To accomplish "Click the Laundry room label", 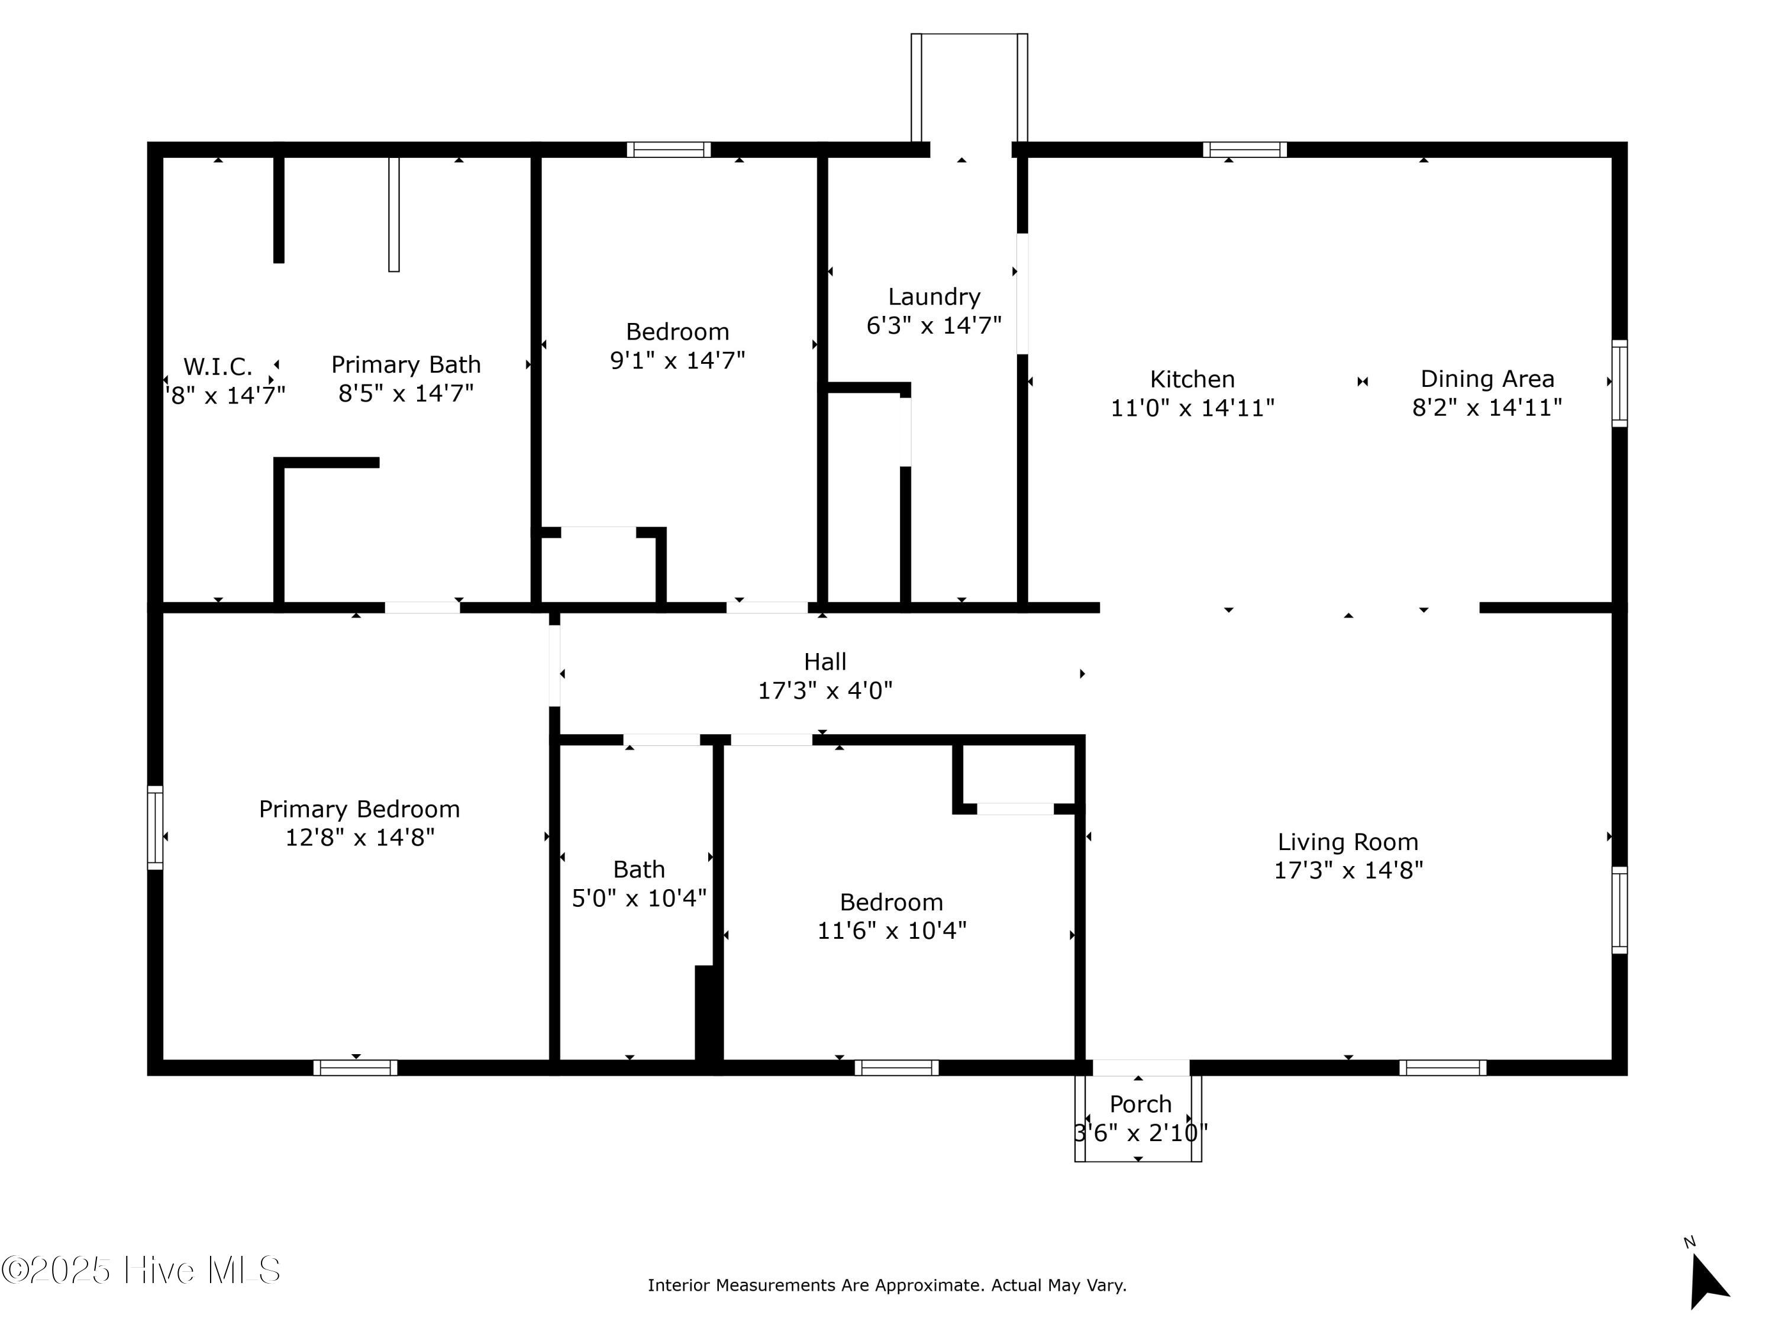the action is [x=934, y=297].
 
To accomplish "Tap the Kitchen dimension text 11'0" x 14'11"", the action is [x=1192, y=408].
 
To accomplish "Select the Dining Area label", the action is [x=1487, y=379].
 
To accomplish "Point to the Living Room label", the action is [x=1348, y=842].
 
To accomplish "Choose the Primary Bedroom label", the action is [x=360, y=809].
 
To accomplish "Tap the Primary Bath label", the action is [x=406, y=364].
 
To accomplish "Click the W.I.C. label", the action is [x=218, y=367].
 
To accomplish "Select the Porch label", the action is [x=1140, y=1104].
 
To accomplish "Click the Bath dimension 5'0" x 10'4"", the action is [x=639, y=898].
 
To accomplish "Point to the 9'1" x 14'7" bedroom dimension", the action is [x=677, y=360].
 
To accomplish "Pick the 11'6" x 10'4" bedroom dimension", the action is [x=892, y=931].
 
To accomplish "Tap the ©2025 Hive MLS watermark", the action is [x=141, y=1270].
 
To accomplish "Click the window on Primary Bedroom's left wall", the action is [x=156, y=827].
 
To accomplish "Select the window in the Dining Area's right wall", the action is [x=1619, y=383].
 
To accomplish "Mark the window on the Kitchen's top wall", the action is [x=1245, y=149].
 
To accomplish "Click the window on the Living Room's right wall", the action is [x=1619, y=910].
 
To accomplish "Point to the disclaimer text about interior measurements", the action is [x=887, y=1285].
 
